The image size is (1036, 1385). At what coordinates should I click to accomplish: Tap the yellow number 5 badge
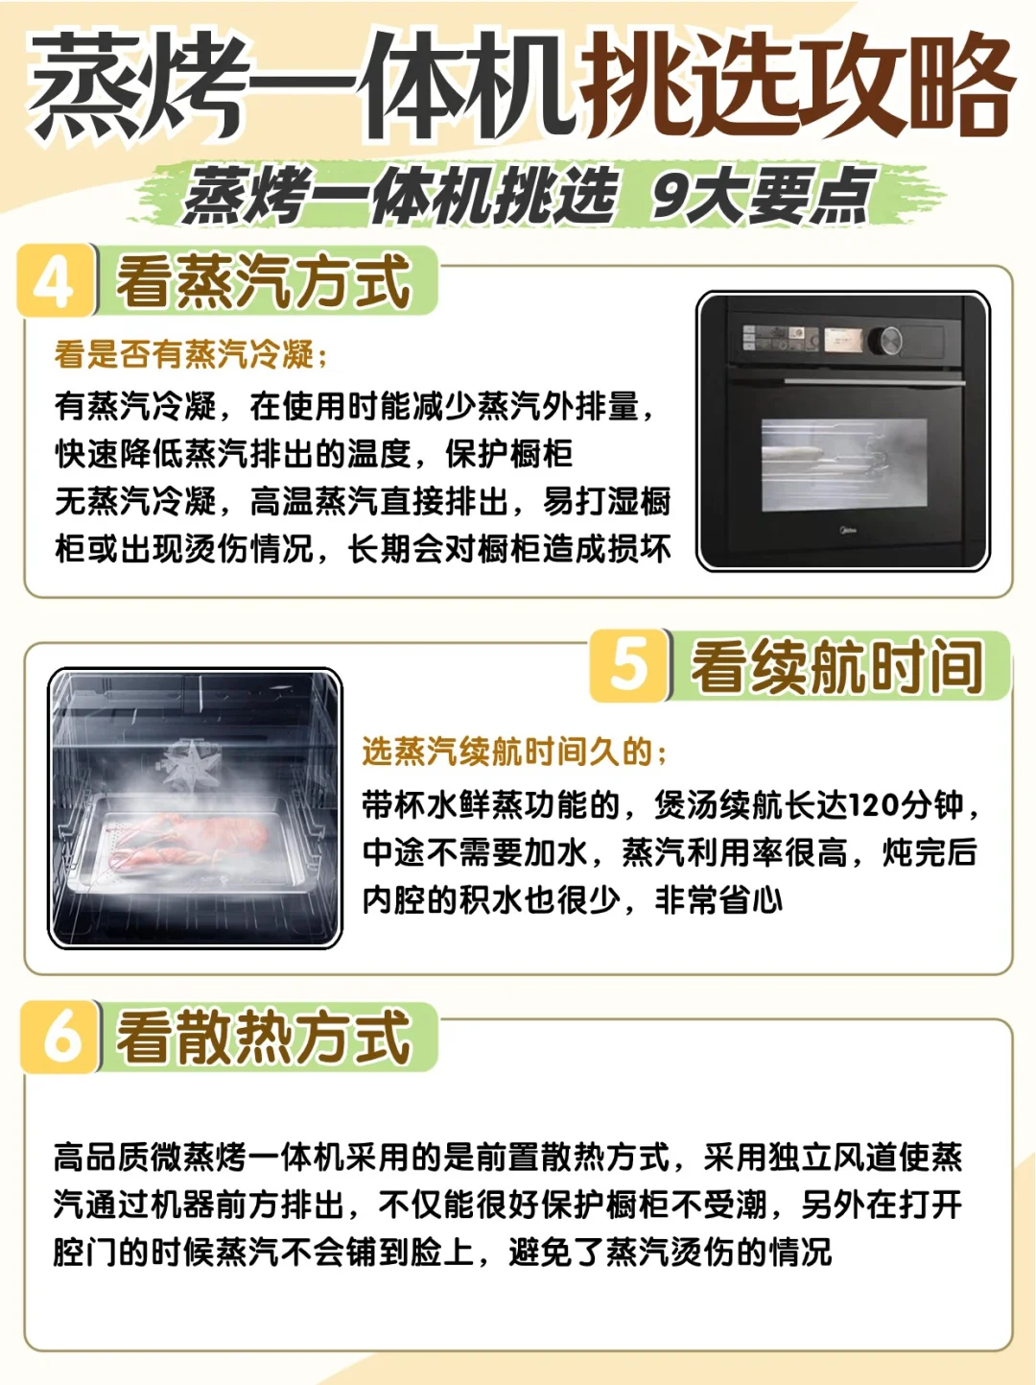(628, 665)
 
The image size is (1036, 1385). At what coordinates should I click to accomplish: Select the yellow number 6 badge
(60, 1038)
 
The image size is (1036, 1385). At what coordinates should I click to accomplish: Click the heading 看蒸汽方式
(263, 282)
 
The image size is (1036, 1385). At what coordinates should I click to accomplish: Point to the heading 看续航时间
(836, 667)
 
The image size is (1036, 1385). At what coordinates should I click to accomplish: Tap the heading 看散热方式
(264, 1038)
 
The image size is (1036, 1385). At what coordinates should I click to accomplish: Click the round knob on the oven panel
(885, 341)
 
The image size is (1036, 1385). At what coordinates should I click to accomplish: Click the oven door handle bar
(873, 382)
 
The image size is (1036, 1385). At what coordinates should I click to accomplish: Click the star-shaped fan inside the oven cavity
(189, 764)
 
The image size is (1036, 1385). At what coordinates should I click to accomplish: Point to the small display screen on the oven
(844, 340)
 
